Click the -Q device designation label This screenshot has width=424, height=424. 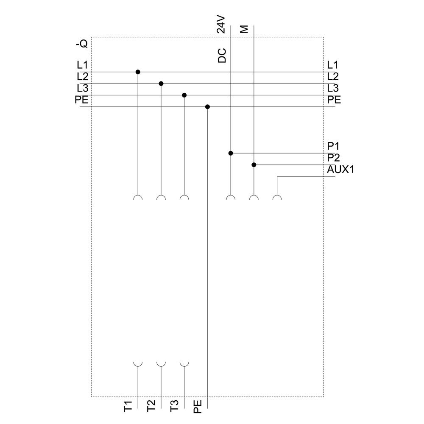[82, 44]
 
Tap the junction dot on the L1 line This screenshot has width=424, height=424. [138, 72]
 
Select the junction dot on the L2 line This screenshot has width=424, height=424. [161, 84]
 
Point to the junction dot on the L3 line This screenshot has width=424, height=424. [184, 95]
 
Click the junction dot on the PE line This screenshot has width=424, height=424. [207, 107]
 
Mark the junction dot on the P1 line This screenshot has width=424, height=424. [231, 153]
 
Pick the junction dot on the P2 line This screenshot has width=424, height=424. [254, 165]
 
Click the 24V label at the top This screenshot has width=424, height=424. [221, 24]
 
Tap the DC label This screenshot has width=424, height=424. [222, 56]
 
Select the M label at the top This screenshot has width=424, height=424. [244, 29]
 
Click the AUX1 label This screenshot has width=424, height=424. [340, 170]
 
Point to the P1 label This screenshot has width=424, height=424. [333, 146]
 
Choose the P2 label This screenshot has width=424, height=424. [333, 158]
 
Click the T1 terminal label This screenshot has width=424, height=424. [128, 407]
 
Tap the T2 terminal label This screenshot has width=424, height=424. [151, 406]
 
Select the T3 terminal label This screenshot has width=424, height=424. [174, 406]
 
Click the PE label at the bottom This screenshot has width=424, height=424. [198, 407]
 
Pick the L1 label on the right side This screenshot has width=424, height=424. [332, 65]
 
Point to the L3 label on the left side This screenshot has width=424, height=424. [83, 88]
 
